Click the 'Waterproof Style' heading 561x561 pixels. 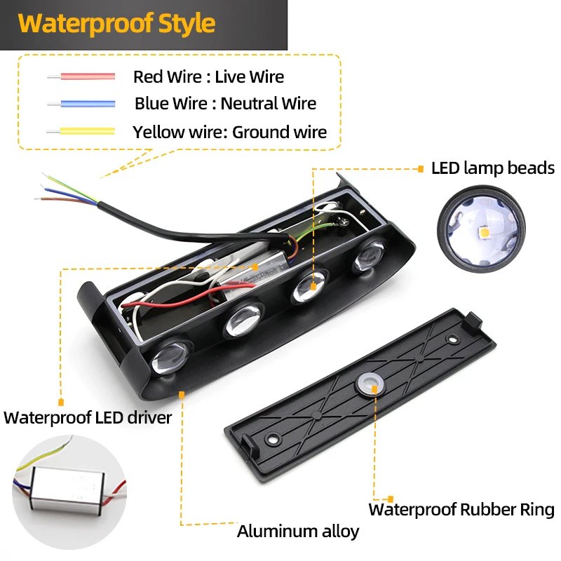[x=116, y=23]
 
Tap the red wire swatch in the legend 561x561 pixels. [x=81, y=76]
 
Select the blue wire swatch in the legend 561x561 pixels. [x=81, y=104]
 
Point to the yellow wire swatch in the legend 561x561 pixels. [x=81, y=131]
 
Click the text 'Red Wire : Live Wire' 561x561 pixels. [x=208, y=76]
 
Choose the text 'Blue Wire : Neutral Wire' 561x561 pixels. [x=225, y=104]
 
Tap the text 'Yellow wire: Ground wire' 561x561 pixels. [x=229, y=132]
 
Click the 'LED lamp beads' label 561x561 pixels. [x=493, y=168]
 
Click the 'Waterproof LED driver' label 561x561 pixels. [x=88, y=418]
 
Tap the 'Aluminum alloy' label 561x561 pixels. [x=298, y=531]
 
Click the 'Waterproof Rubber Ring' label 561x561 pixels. [x=461, y=509]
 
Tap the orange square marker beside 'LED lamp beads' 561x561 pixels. [x=420, y=168]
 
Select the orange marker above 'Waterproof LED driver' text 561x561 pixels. [x=61, y=402]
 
